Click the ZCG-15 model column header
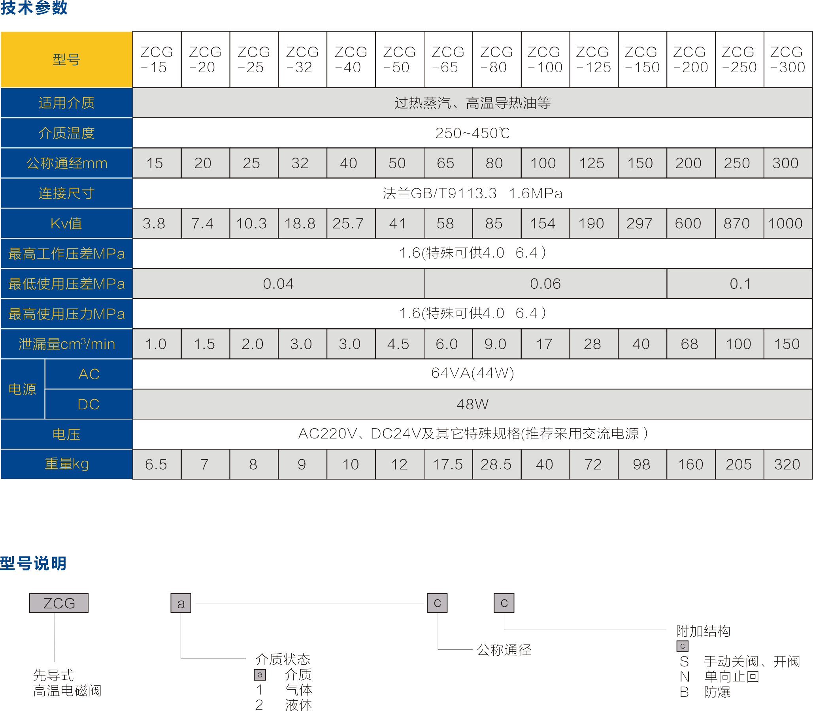(x=157, y=60)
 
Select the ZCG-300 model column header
(x=788, y=60)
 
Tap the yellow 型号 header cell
(x=66, y=60)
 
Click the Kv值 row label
(x=66, y=224)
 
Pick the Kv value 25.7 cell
(x=348, y=224)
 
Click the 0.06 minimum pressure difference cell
(x=545, y=284)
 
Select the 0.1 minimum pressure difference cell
(x=740, y=284)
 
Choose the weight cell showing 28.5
(x=496, y=464)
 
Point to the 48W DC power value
(x=472, y=404)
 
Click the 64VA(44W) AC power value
(x=472, y=373)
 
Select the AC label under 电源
(x=89, y=374)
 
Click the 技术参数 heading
(x=34, y=8)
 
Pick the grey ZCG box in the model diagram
(x=59, y=603)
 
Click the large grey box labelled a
(x=181, y=603)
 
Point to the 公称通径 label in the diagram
(x=504, y=650)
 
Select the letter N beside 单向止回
(x=685, y=677)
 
